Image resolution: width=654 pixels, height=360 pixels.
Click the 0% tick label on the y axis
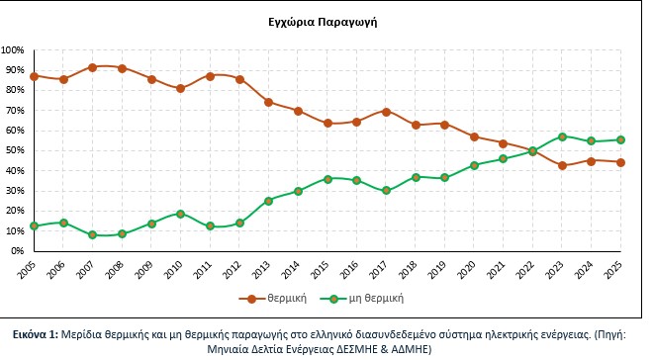click(x=18, y=251)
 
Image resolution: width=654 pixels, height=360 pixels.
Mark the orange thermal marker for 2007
click(x=92, y=67)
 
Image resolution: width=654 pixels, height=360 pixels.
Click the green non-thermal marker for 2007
click(x=92, y=235)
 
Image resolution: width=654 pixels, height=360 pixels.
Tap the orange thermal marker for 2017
click(x=386, y=112)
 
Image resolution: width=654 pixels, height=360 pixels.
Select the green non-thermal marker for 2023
click(x=562, y=136)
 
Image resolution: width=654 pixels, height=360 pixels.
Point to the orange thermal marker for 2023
click(x=562, y=165)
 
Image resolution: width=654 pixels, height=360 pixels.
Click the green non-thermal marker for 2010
click(x=180, y=214)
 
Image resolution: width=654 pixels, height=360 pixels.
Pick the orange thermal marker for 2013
click(x=268, y=102)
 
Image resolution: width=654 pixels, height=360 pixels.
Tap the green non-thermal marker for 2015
click(x=327, y=179)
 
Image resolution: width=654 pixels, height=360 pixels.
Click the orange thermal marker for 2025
click(x=620, y=162)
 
